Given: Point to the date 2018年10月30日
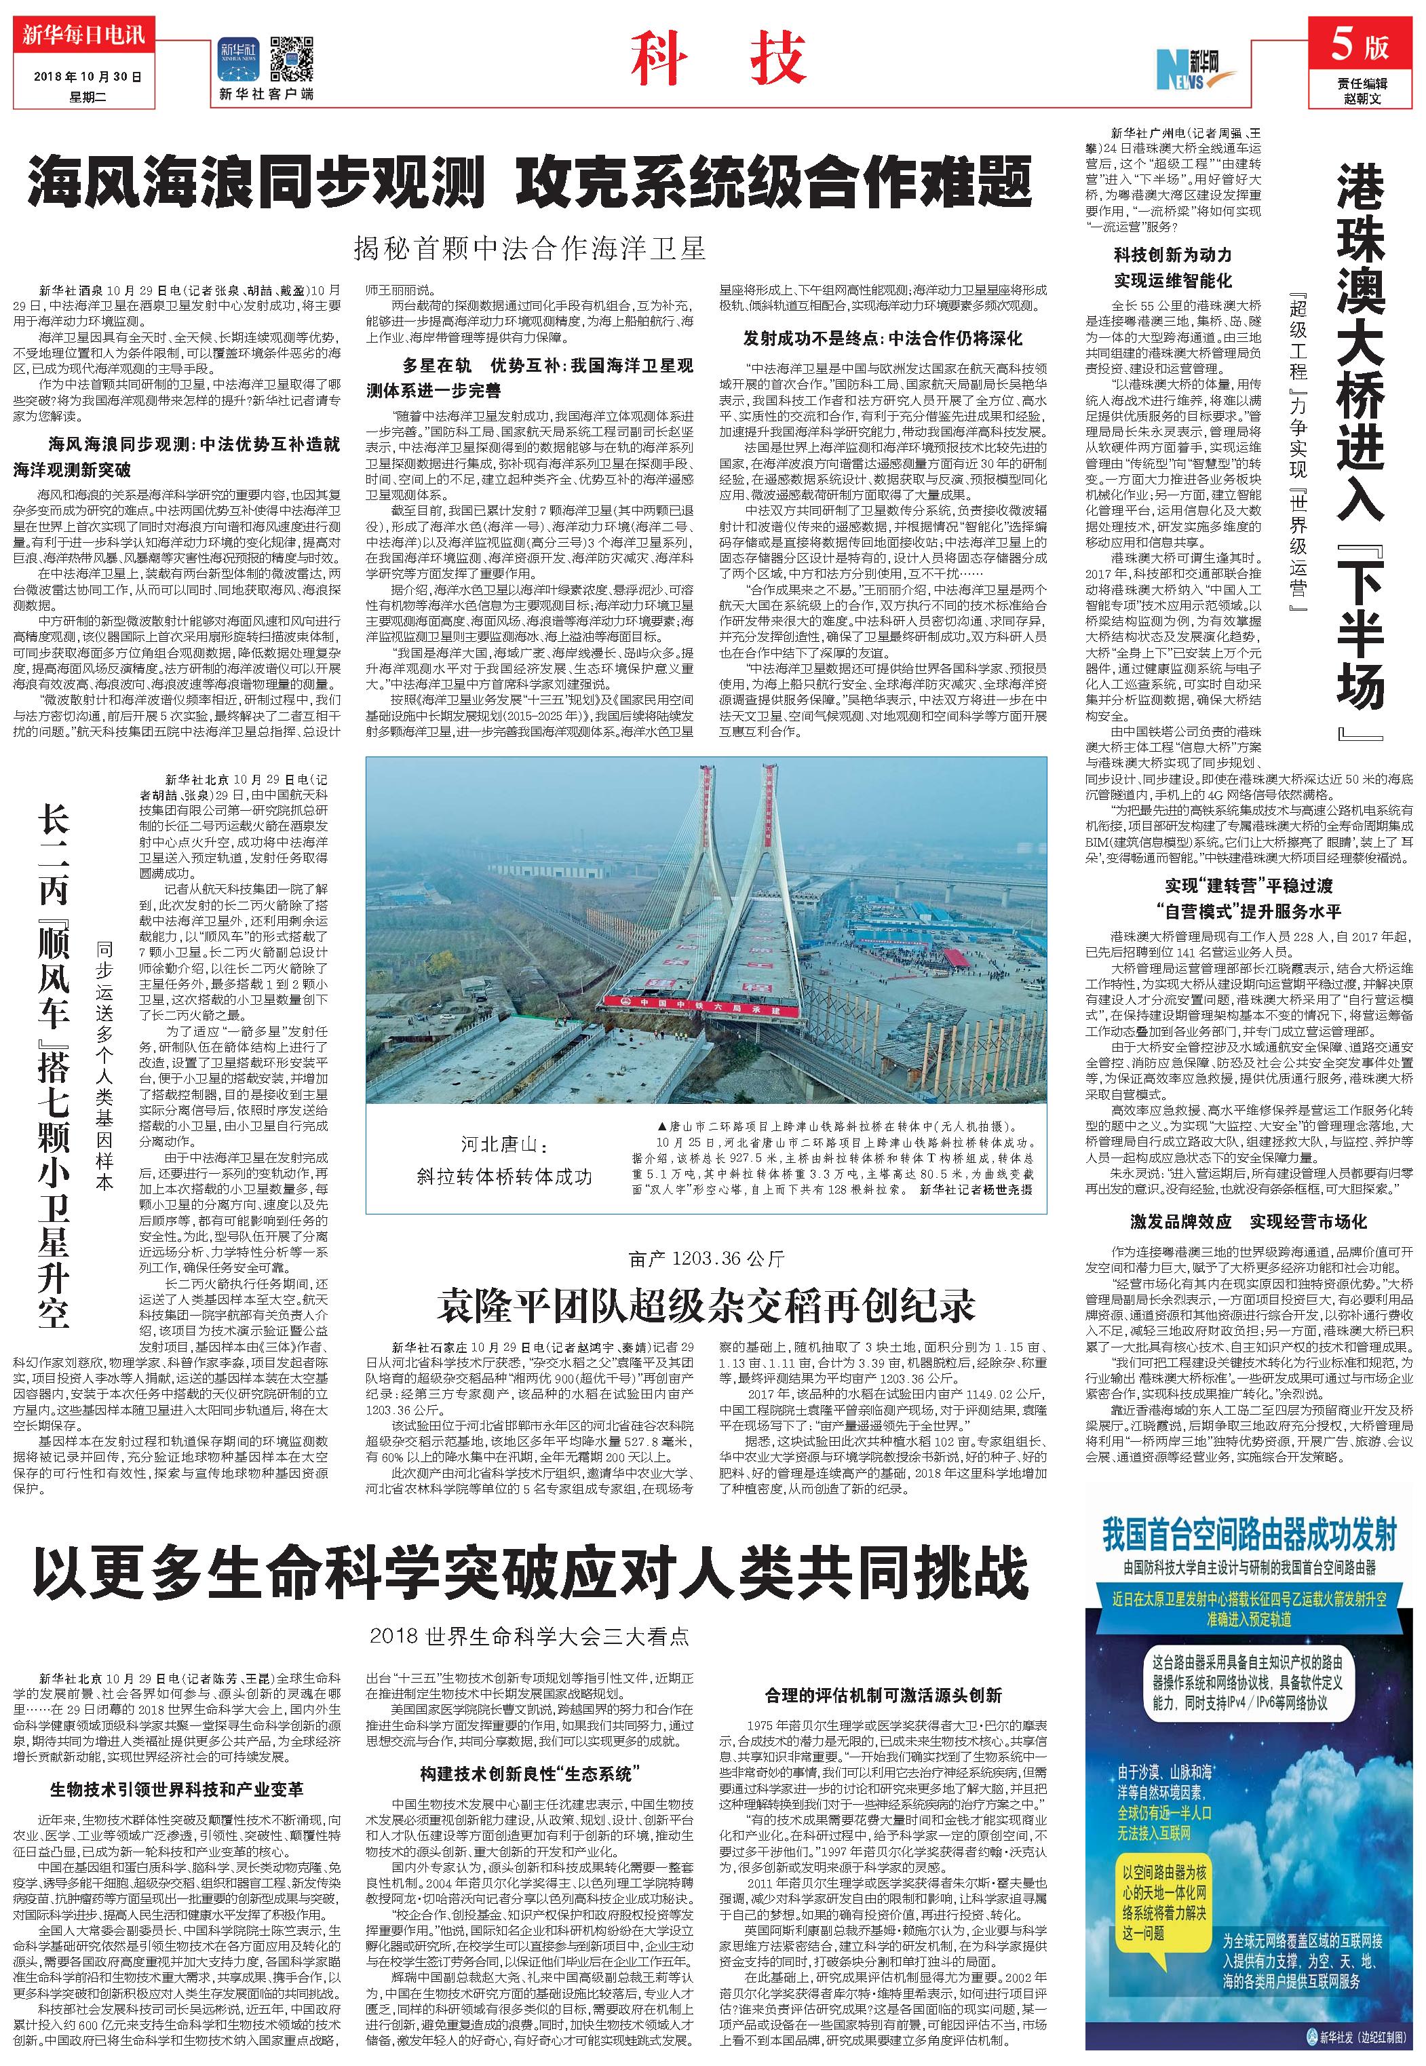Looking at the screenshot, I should click(88, 77).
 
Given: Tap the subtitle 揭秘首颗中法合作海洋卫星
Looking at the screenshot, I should click(529, 248).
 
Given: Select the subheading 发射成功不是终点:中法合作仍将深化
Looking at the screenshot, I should click(883, 339).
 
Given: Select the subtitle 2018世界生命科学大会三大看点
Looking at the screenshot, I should click(529, 1637).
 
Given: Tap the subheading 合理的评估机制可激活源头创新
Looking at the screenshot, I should click(883, 1694).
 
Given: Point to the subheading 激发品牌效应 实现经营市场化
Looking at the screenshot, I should click(1248, 1221).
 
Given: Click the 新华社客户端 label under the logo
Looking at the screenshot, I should click(265, 94).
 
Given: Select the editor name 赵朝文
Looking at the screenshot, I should click(1362, 98).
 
